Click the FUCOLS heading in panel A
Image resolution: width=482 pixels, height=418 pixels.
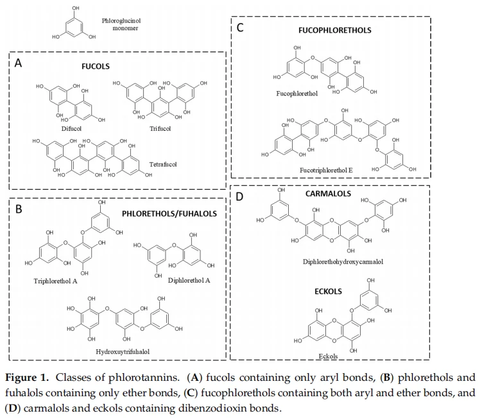point(96,66)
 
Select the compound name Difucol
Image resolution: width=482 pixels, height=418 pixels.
point(71,128)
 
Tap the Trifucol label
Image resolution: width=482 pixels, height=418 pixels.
point(160,128)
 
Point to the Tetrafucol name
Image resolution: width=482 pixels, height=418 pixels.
point(163,164)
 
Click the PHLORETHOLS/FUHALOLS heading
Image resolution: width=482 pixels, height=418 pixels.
point(169,213)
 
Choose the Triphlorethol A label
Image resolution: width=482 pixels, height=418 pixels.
point(56,281)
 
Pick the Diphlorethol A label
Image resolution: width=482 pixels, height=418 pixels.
point(189,280)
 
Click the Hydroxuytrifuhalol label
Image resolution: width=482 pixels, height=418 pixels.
point(123,352)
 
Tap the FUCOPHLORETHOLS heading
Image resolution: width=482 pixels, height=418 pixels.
point(335,30)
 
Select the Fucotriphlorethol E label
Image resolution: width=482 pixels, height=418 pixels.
point(326,170)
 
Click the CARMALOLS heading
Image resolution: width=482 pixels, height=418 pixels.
point(328,194)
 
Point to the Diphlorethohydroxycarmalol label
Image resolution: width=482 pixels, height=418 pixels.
point(343,262)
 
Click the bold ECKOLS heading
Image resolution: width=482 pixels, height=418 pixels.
point(328,291)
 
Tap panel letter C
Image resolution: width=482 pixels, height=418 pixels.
point(240,28)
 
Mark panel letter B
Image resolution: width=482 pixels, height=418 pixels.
point(19,209)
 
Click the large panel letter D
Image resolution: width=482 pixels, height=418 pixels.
point(239,197)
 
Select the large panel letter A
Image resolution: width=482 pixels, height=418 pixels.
point(19,63)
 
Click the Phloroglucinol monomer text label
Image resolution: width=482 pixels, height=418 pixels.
point(121,24)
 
